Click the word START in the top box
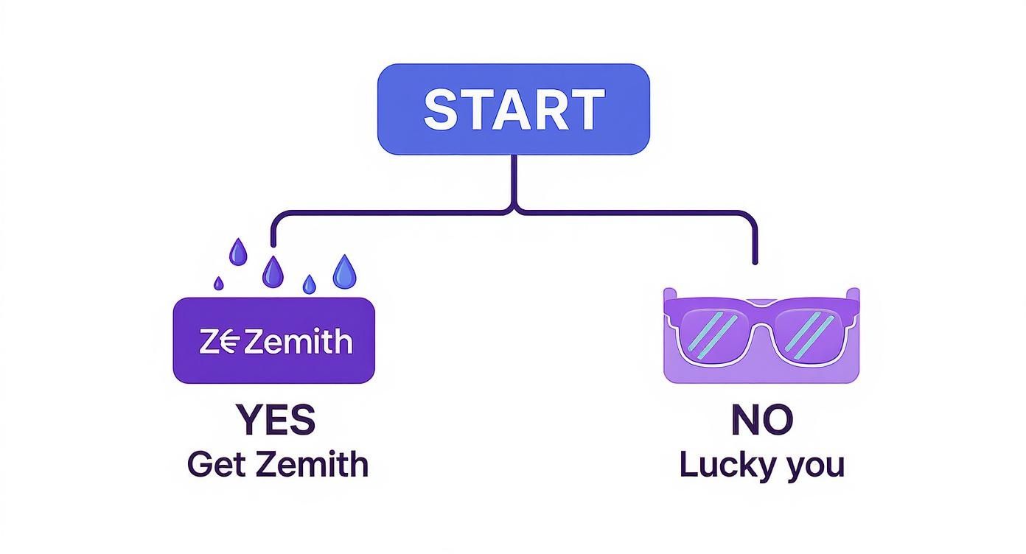point(514,109)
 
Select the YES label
point(276,419)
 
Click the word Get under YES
point(215,465)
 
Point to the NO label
point(761,419)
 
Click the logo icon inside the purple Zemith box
point(220,342)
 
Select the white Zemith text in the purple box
point(298,342)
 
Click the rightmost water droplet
point(344,272)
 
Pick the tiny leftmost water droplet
point(219,283)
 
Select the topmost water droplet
point(237,252)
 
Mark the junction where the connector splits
point(514,211)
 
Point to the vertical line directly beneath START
point(514,180)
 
